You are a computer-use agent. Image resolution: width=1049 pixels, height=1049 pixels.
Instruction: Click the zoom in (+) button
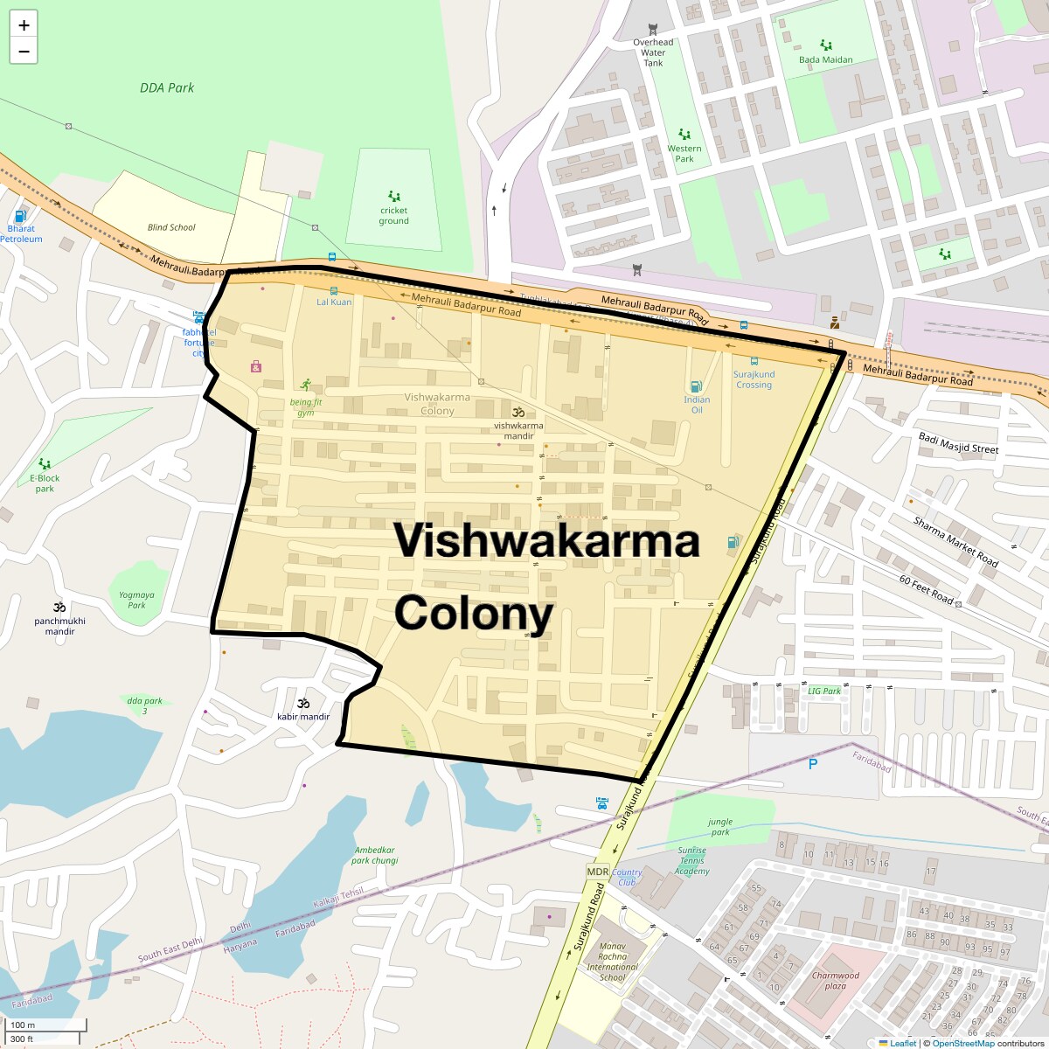pyautogui.click(x=24, y=25)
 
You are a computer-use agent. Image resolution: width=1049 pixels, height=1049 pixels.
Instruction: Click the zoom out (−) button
pyautogui.click(x=24, y=52)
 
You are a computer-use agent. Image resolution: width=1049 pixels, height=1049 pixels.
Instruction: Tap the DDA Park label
pyautogui.click(x=167, y=87)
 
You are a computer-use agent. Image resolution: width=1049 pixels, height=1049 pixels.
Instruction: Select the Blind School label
pyautogui.click(x=171, y=227)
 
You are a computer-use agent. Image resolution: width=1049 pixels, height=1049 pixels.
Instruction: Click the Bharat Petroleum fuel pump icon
pyautogui.click(x=21, y=216)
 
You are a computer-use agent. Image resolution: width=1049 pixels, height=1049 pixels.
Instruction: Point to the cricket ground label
pyautogui.click(x=393, y=216)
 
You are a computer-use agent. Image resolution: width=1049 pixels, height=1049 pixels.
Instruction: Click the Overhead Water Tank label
pyautogui.click(x=653, y=52)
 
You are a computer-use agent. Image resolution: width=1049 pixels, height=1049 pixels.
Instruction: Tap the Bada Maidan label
pyautogui.click(x=825, y=60)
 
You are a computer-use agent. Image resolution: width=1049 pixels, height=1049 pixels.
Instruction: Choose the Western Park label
pyautogui.click(x=684, y=154)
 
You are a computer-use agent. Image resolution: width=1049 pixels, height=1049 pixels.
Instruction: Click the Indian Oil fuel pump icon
pyautogui.click(x=696, y=386)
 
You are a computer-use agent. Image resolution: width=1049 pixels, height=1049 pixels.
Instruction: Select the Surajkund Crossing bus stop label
pyautogui.click(x=754, y=379)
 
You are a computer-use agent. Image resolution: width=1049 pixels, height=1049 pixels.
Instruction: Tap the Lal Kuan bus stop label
pyautogui.click(x=334, y=302)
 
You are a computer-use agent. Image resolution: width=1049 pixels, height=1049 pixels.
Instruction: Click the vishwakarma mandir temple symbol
pyautogui.click(x=518, y=412)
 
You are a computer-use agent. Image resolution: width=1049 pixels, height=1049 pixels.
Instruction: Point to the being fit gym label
pyautogui.click(x=306, y=407)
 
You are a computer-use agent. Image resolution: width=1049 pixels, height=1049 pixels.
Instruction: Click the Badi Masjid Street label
pyautogui.click(x=958, y=443)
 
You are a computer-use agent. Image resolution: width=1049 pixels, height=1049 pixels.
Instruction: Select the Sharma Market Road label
pyautogui.click(x=955, y=542)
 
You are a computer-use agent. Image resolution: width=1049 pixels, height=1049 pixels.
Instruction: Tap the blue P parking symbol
pyautogui.click(x=813, y=764)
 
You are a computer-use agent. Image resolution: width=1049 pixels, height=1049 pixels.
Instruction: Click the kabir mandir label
pyautogui.click(x=303, y=717)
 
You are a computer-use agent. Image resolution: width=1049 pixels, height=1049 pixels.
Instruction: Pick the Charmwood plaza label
pyautogui.click(x=836, y=981)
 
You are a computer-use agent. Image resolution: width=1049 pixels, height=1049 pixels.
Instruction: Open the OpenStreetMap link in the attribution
pyautogui.click(x=962, y=1043)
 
